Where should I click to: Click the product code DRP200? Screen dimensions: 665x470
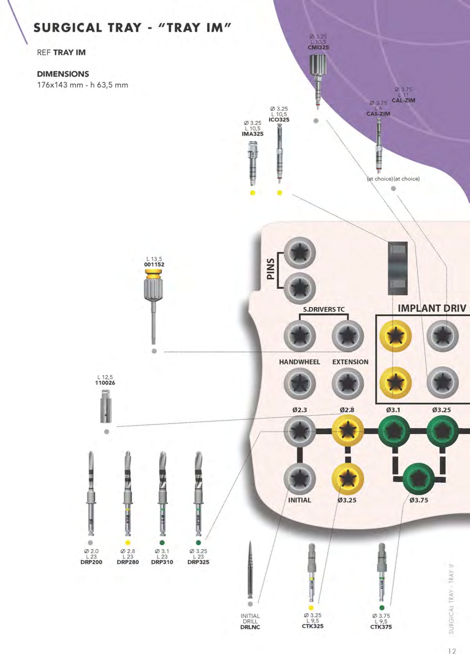tap(91, 562)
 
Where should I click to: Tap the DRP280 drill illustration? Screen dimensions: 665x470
tap(128, 493)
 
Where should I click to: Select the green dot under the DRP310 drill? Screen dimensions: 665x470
tap(162, 543)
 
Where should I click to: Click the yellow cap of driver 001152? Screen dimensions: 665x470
tap(154, 274)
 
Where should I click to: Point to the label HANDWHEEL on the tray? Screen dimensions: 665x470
tap(300, 362)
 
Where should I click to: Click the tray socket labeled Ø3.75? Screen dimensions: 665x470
tap(418, 479)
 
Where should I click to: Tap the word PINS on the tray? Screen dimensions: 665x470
tap(270, 269)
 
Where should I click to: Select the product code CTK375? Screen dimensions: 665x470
tap(381, 627)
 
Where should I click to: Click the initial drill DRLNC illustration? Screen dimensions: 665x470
tap(250, 570)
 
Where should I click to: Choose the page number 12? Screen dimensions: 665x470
tap(452, 651)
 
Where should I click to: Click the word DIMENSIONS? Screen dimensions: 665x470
tap(63, 74)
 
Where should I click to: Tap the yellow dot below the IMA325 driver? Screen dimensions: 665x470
tap(253, 192)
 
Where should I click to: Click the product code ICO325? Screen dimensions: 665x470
tap(279, 120)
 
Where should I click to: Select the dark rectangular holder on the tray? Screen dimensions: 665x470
tap(397, 268)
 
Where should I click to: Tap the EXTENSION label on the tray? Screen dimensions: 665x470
tap(350, 362)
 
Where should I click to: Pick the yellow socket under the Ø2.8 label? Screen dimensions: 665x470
tap(348, 431)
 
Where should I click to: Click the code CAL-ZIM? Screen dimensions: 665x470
tap(403, 100)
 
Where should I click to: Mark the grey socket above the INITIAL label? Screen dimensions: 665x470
tap(300, 479)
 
